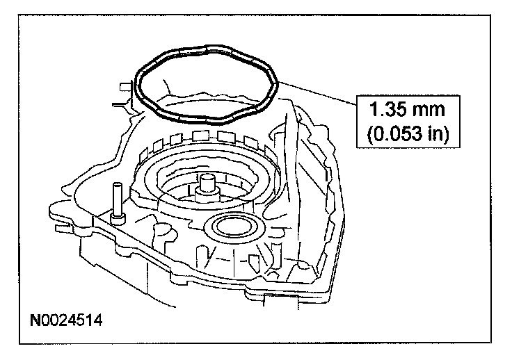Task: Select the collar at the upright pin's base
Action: click(117, 218)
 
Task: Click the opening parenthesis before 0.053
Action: click(369, 133)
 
